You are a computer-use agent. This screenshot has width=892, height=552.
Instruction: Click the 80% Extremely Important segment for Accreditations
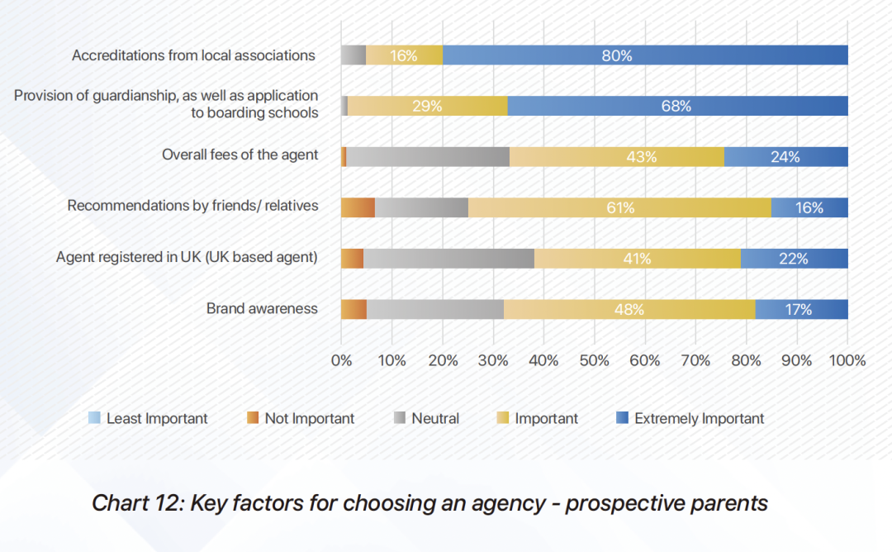coord(645,55)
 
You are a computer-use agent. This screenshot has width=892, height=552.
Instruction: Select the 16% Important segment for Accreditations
coord(404,55)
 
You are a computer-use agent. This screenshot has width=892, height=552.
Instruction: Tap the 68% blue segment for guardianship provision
coord(677,106)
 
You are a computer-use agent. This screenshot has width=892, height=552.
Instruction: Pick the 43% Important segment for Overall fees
coord(616,156)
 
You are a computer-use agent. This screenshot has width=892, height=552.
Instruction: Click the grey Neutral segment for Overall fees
coord(428,156)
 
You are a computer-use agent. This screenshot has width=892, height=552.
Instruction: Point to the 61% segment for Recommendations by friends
coord(619,207)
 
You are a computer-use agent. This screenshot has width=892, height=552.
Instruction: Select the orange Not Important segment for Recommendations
coord(358,207)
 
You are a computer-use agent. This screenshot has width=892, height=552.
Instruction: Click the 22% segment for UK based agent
coord(794,258)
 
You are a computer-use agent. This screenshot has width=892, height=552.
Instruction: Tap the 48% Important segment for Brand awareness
coord(629,309)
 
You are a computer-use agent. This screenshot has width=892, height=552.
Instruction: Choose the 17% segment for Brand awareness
coord(801,309)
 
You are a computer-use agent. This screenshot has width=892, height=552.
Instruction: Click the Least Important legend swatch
coord(94,418)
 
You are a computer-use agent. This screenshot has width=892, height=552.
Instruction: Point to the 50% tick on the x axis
coord(594,360)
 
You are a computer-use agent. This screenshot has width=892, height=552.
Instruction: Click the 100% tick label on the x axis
coord(847,360)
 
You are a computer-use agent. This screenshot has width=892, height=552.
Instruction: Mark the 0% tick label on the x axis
coord(341,360)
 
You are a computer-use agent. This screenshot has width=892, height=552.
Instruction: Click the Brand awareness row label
coord(262,308)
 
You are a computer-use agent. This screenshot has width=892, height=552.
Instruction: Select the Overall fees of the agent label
coord(240,155)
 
